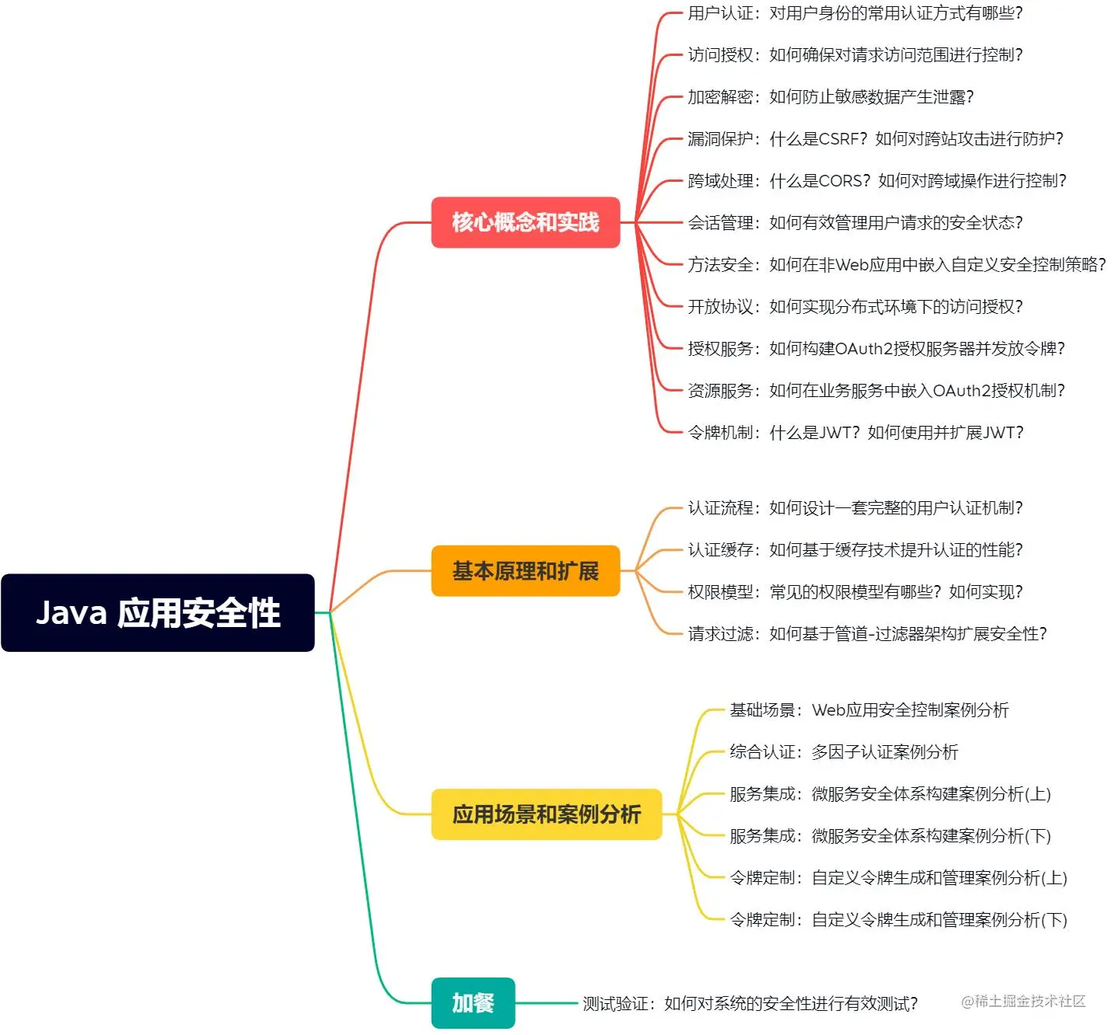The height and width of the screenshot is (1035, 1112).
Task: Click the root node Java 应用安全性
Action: pos(158,612)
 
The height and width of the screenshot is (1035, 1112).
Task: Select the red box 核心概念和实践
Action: pos(526,222)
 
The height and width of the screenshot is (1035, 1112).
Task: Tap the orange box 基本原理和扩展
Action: pos(526,571)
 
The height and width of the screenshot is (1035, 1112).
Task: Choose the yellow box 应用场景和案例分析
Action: pos(546,814)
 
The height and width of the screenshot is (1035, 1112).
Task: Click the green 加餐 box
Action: pos(473,1002)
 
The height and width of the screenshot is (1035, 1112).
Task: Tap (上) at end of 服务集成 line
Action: pos(1038,794)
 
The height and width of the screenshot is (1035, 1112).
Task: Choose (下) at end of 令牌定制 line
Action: pos(1054,920)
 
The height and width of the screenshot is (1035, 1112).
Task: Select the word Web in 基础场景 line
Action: pos(828,710)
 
